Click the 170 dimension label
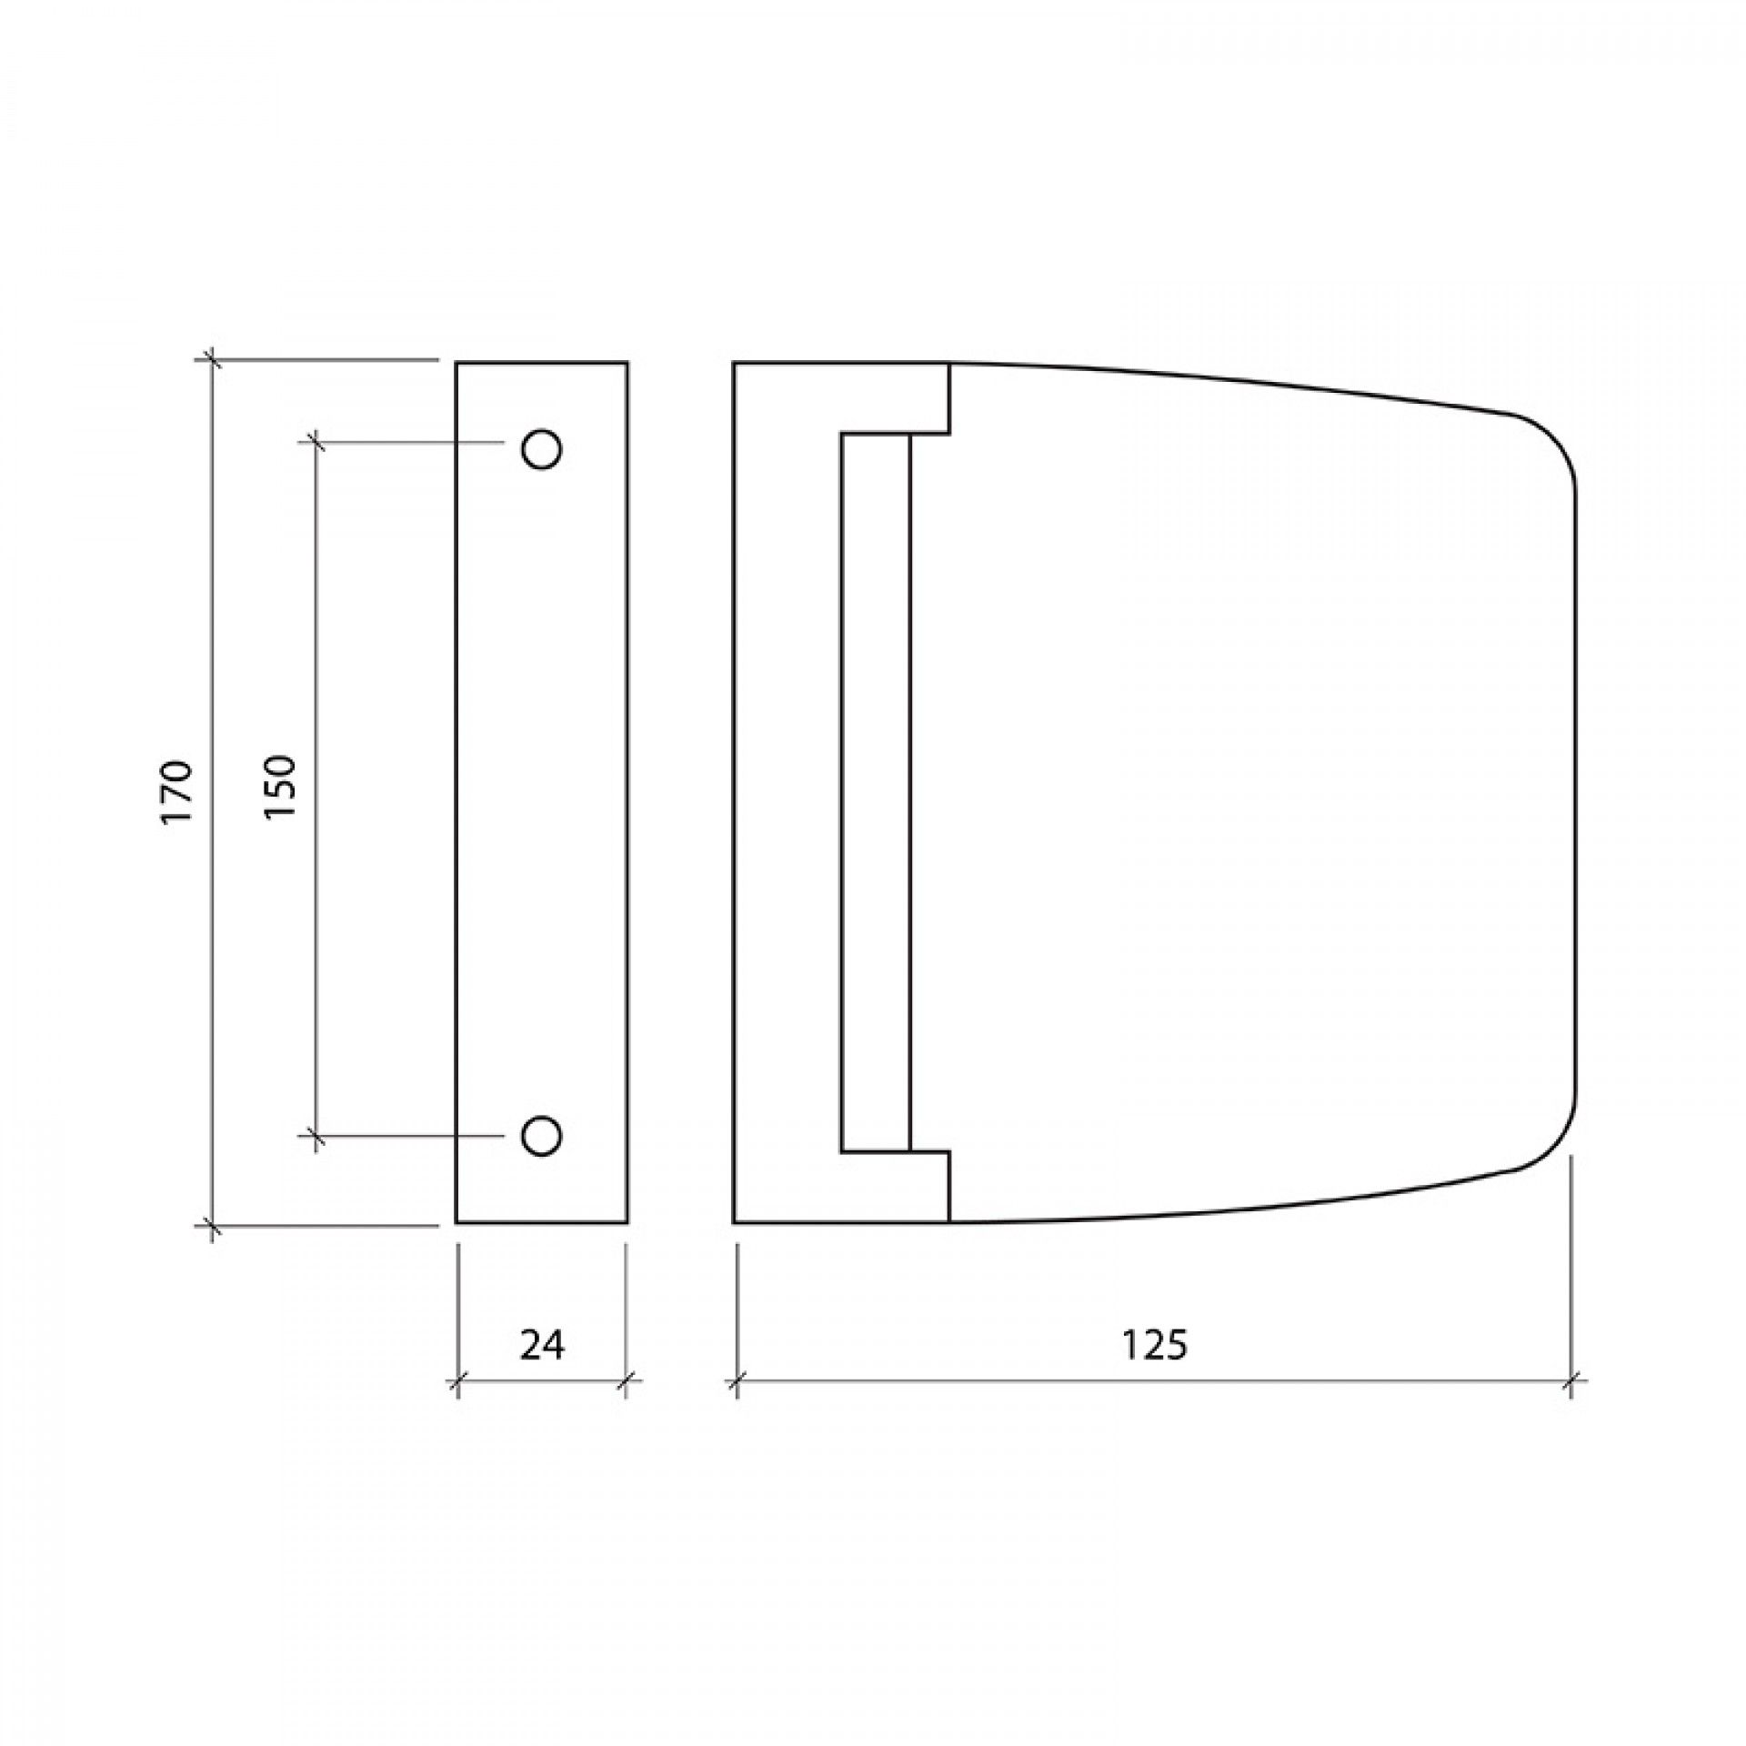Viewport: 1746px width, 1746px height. click(176, 792)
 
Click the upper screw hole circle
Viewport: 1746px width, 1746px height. click(541, 448)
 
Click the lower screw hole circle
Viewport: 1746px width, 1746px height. click(541, 1135)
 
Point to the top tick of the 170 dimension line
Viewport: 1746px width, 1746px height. click(212, 360)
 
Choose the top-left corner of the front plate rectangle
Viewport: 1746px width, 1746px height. click(457, 363)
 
